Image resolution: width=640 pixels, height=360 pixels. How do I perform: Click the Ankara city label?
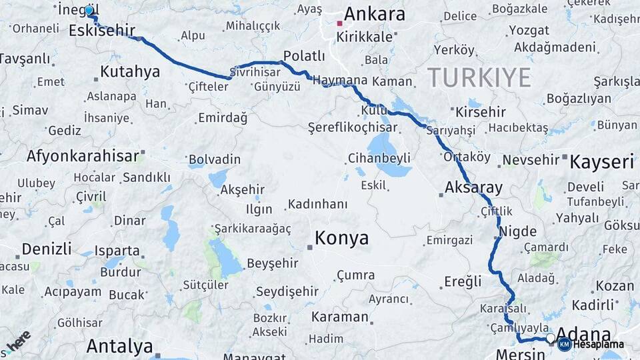374,14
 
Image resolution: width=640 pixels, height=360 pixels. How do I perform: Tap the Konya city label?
341,238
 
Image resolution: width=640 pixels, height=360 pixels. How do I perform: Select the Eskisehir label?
102,30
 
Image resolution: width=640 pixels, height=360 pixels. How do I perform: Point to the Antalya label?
119,346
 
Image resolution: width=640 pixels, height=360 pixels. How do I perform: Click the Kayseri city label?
602,161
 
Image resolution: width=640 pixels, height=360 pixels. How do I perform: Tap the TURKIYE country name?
479,77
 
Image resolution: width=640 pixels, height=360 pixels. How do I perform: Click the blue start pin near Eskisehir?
89,11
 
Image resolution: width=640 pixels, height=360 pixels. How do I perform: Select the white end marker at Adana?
550,339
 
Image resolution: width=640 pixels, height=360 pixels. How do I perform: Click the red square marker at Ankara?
339,23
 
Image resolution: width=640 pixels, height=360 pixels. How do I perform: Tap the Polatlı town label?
304,55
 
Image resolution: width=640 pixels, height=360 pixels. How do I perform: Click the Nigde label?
518,231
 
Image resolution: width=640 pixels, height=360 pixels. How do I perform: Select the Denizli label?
46,249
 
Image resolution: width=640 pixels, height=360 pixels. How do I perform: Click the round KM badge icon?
564,344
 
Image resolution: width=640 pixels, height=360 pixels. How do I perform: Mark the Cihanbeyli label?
379,159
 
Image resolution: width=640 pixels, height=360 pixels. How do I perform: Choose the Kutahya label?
130,71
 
